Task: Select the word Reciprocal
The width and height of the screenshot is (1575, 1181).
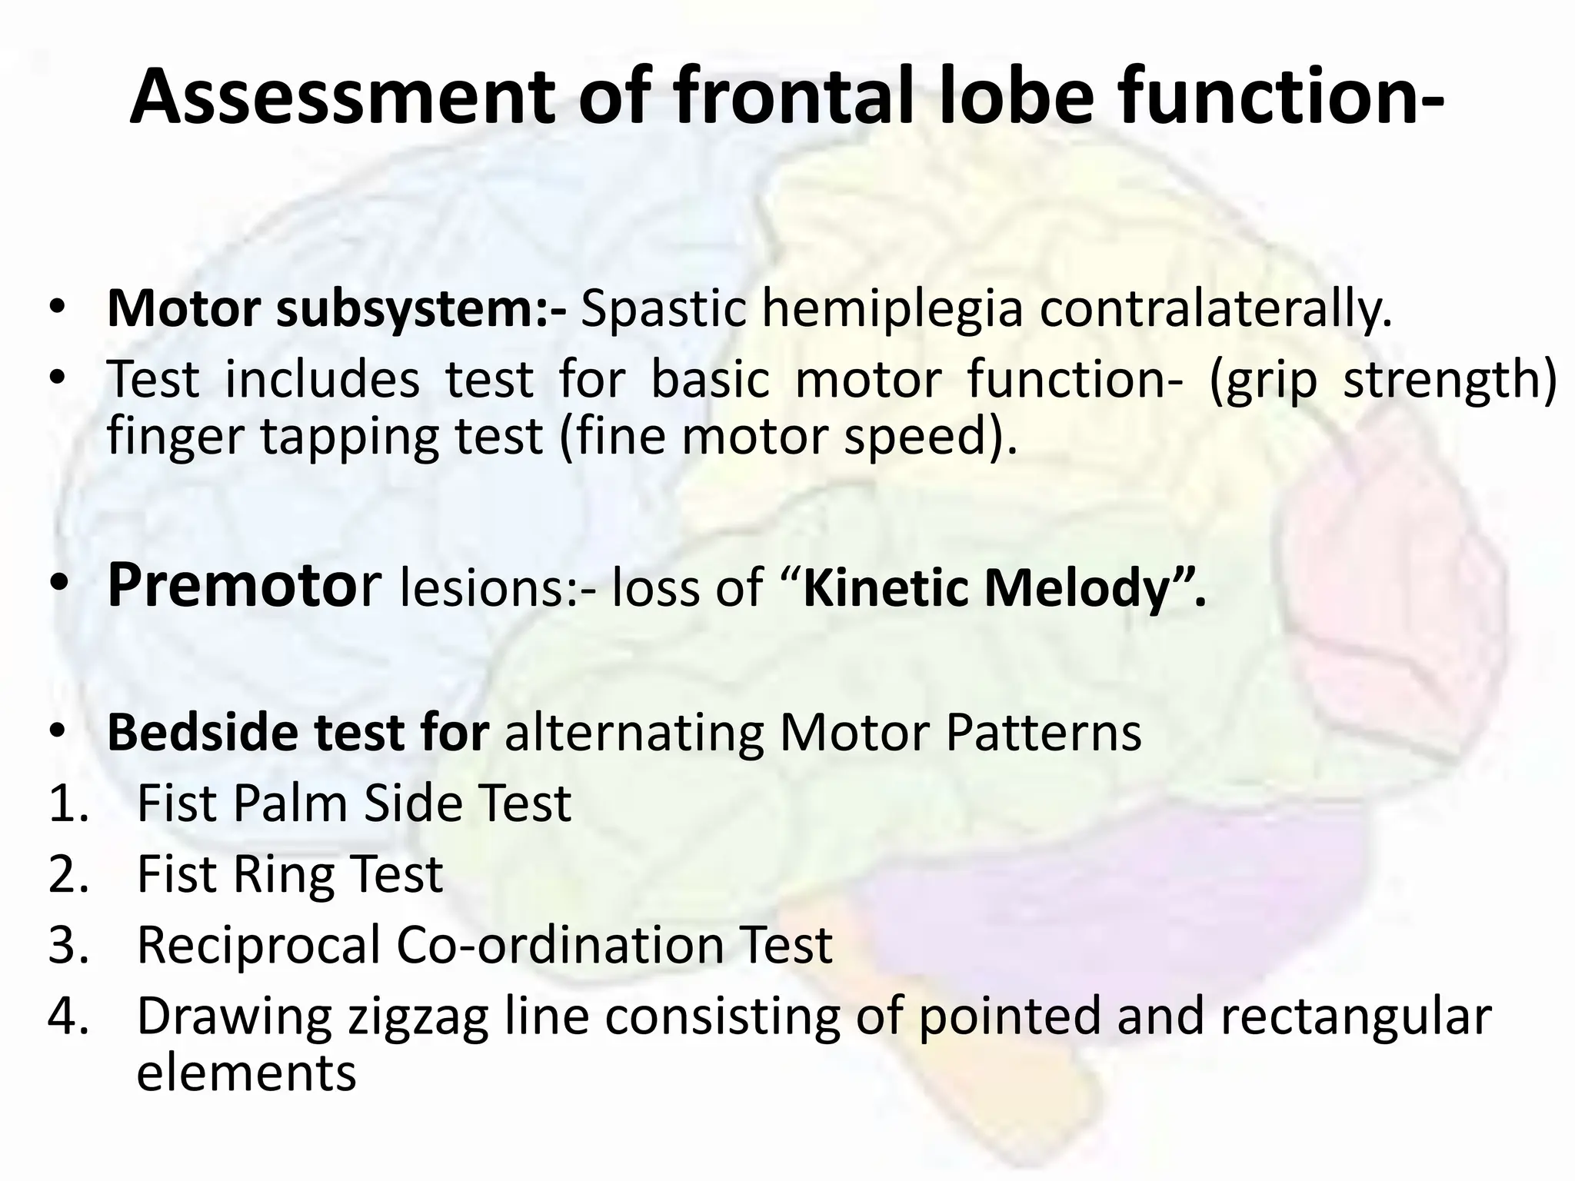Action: tap(258, 946)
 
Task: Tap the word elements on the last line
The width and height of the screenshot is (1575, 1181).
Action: tap(246, 1073)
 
